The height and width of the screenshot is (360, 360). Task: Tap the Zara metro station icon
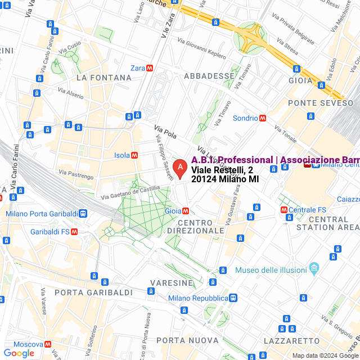click(x=150, y=68)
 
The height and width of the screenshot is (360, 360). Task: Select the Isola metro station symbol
click(x=134, y=155)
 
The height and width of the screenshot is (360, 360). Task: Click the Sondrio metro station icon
click(x=263, y=118)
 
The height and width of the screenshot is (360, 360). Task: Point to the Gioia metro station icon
click(x=186, y=210)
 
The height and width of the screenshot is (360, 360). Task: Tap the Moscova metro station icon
click(x=48, y=344)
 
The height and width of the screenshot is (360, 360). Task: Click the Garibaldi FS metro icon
click(x=74, y=231)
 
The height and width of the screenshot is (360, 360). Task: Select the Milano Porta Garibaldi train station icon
click(x=83, y=214)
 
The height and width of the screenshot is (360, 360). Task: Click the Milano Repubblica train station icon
click(x=233, y=298)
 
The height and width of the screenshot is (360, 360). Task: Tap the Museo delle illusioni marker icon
click(x=314, y=271)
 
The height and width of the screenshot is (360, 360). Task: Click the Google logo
click(x=19, y=353)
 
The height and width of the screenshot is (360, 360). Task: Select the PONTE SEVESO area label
click(x=321, y=103)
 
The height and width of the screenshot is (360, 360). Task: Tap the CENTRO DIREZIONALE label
click(x=201, y=227)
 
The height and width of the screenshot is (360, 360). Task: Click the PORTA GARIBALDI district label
click(x=93, y=292)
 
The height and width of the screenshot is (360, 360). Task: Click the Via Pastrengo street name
click(x=76, y=174)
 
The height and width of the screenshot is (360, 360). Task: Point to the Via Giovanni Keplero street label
click(x=201, y=48)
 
